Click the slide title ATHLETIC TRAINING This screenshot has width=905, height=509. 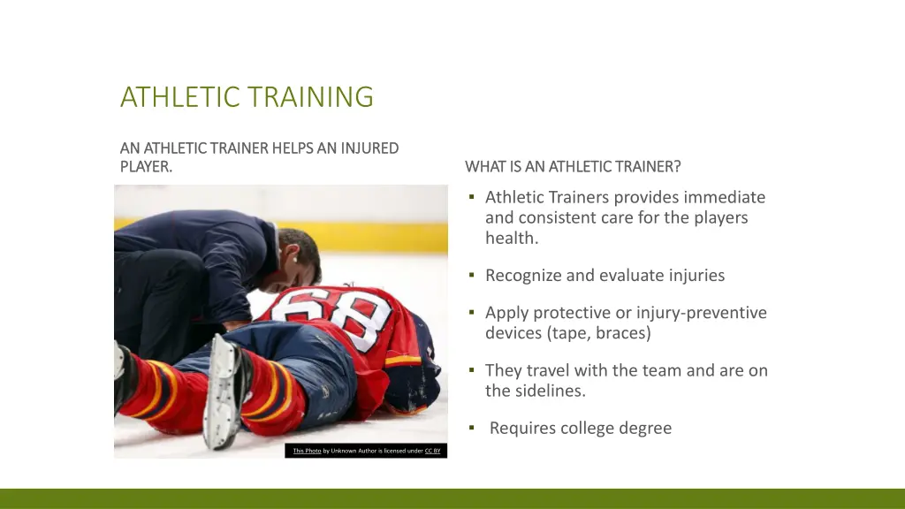pyautogui.click(x=247, y=96)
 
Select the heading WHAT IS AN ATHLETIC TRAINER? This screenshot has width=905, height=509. pyautogui.click(x=573, y=166)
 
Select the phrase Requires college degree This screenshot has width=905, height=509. pyautogui.click(x=580, y=429)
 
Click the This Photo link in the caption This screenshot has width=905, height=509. pyautogui.click(x=307, y=451)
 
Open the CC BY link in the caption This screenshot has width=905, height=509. pyautogui.click(x=432, y=451)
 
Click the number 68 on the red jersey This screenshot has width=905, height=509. pyautogui.click(x=340, y=315)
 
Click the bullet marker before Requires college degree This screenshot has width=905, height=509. pyautogui.click(x=472, y=429)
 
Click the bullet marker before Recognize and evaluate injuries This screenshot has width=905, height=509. pyautogui.click(x=472, y=276)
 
